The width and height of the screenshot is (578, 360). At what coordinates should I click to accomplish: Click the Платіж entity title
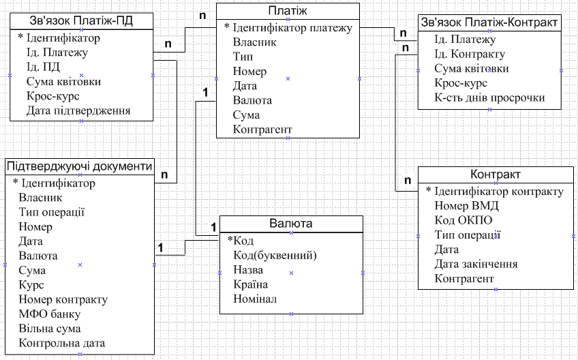point(288,11)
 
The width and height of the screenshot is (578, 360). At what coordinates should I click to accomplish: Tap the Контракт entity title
point(496,175)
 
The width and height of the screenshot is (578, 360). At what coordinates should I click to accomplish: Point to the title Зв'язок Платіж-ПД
point(81,21)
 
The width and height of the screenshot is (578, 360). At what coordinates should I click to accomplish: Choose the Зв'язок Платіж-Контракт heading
point(489,22)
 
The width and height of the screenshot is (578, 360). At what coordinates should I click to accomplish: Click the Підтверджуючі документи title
point(80,166)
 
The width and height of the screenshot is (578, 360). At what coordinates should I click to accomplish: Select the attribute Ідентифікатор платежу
point(292,28)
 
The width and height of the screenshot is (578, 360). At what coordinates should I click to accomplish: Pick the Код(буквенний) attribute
point(275,255)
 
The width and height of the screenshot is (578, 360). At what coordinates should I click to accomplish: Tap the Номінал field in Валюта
point(255,299)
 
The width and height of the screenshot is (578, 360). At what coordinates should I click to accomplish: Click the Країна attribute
point(250,284)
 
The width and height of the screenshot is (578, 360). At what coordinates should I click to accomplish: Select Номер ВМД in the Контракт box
point(467,205)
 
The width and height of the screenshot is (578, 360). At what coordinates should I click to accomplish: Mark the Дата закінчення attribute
point(476,264)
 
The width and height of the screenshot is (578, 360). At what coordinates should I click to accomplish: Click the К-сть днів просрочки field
point(489,98)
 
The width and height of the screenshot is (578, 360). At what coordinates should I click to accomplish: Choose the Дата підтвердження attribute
point(79,110)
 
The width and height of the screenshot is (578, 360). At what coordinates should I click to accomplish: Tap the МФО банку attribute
point(50,314)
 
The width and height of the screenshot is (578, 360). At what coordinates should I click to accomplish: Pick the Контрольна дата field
point(62,343)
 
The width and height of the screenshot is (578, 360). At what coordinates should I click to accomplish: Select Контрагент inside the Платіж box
point(262,130)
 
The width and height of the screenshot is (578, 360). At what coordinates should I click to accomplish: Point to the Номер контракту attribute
point(63,299)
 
